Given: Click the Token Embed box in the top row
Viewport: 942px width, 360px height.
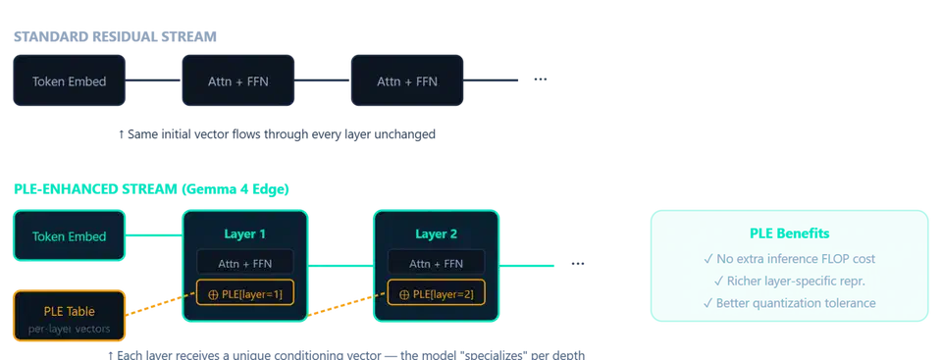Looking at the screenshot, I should click(69, 81).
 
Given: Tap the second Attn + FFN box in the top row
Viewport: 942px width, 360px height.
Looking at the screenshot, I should click(407, 81).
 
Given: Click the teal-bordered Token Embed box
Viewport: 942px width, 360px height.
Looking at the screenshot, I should click(69, 236).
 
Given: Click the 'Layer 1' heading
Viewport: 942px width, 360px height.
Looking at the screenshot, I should click(244, 234).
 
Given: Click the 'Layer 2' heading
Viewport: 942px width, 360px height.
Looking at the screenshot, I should click(437, 234).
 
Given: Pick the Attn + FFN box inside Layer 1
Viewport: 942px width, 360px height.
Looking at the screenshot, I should click(244, 263).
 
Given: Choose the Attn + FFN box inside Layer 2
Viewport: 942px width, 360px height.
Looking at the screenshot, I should click(437, 263).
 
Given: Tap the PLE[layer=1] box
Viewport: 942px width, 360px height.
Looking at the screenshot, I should click(244, 294).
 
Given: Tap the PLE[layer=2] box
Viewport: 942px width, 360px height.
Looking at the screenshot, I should click(437, 294).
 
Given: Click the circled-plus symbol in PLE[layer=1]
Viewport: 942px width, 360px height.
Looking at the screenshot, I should click(213, 294).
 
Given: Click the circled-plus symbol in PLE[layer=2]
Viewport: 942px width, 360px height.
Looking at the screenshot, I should click(404, 294).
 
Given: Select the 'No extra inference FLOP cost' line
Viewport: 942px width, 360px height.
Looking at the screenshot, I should click(790, 260).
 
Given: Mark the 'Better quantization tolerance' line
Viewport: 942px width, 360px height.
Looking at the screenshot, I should click(790, 303).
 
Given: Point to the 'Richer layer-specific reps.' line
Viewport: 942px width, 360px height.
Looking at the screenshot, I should click(790, 282).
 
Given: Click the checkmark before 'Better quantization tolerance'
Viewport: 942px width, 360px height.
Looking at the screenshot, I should click(707, 303).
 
